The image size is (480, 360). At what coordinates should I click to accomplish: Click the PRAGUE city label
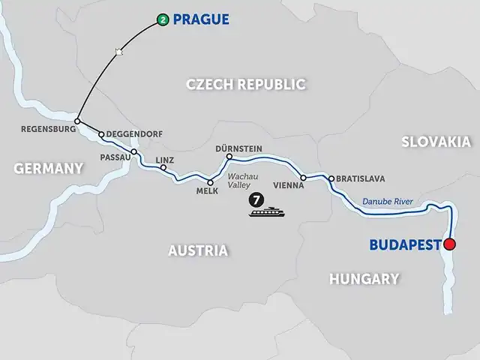click(202, 19)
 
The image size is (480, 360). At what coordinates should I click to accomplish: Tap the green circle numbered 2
click(162, 19)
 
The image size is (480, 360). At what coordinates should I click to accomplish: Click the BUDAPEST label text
click(404, 244)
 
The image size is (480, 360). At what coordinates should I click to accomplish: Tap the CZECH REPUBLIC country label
click(245, 84)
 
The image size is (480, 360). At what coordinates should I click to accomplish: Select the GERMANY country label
click(48, 169)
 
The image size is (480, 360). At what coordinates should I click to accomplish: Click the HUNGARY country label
click(364, 279)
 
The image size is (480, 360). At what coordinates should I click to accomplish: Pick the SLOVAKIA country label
click(436, 142)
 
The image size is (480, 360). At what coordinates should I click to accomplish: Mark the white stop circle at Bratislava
click(331, 178)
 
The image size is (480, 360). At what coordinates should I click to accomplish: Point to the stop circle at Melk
click(210, 182)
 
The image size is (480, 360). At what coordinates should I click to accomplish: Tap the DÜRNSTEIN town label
click(238, 148)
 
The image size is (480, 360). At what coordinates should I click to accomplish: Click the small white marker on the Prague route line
click(118, 51)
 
